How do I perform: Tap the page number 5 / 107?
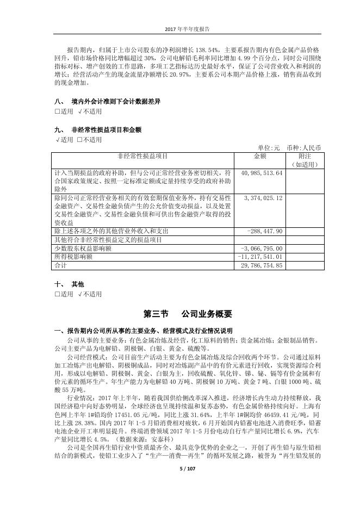[x=179, y=499]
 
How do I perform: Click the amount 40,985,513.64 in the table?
[x=260, y=173]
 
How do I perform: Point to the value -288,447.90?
[x=264, y=231]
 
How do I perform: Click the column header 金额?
[x=259, y=156]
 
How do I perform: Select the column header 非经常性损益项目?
[x=142, y=156]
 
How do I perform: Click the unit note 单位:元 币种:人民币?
[x=289, y=147]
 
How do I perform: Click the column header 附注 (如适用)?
[x=304, y=160]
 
